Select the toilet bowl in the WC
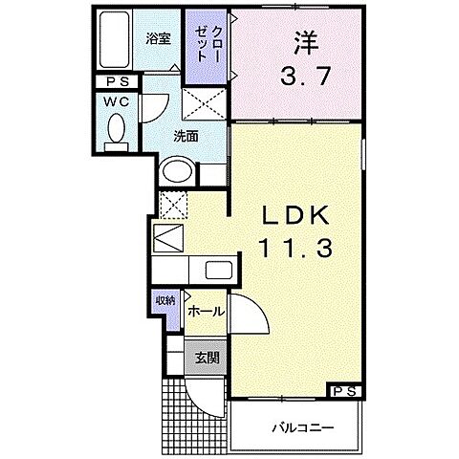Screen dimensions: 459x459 coord(116,129)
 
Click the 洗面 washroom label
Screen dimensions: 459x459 coord(186,137)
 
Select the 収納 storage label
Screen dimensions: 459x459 coord(166,300)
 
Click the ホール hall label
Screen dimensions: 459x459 coord(206,312)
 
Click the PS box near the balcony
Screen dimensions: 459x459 coord(346,390)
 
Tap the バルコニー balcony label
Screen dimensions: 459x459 coord(300,426)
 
